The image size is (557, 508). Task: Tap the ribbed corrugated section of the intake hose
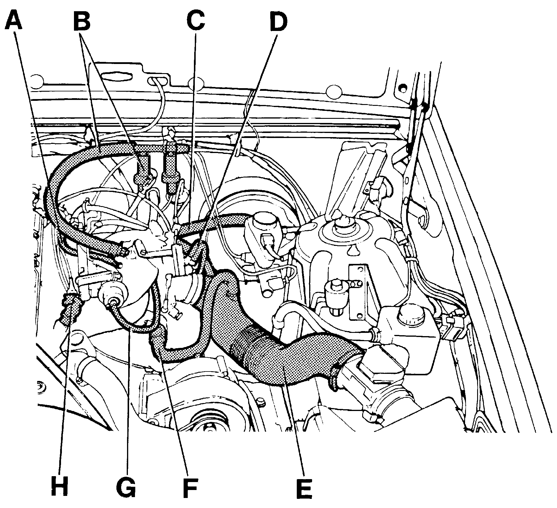pos(251,351)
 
